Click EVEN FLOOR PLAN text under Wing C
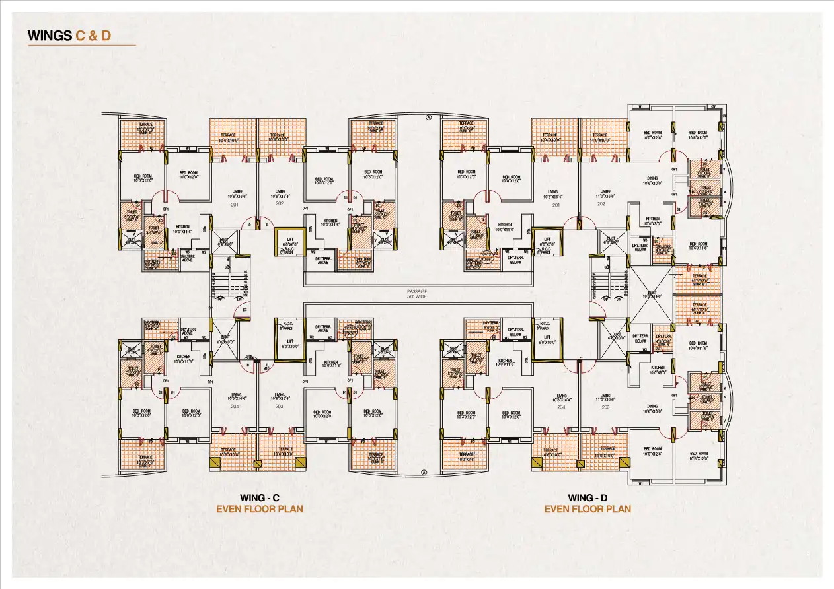(260, 509)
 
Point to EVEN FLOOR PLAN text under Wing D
(588, 509)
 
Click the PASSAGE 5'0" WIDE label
(417, 293)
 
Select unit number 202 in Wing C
(280, 205)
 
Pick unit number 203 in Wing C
(280, 407)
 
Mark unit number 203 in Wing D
(605, 407)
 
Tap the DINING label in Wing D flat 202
(652, 180)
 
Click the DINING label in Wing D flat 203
(652, 408)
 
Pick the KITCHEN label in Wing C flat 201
(182, 229)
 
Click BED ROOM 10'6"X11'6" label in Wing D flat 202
(698, 246)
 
